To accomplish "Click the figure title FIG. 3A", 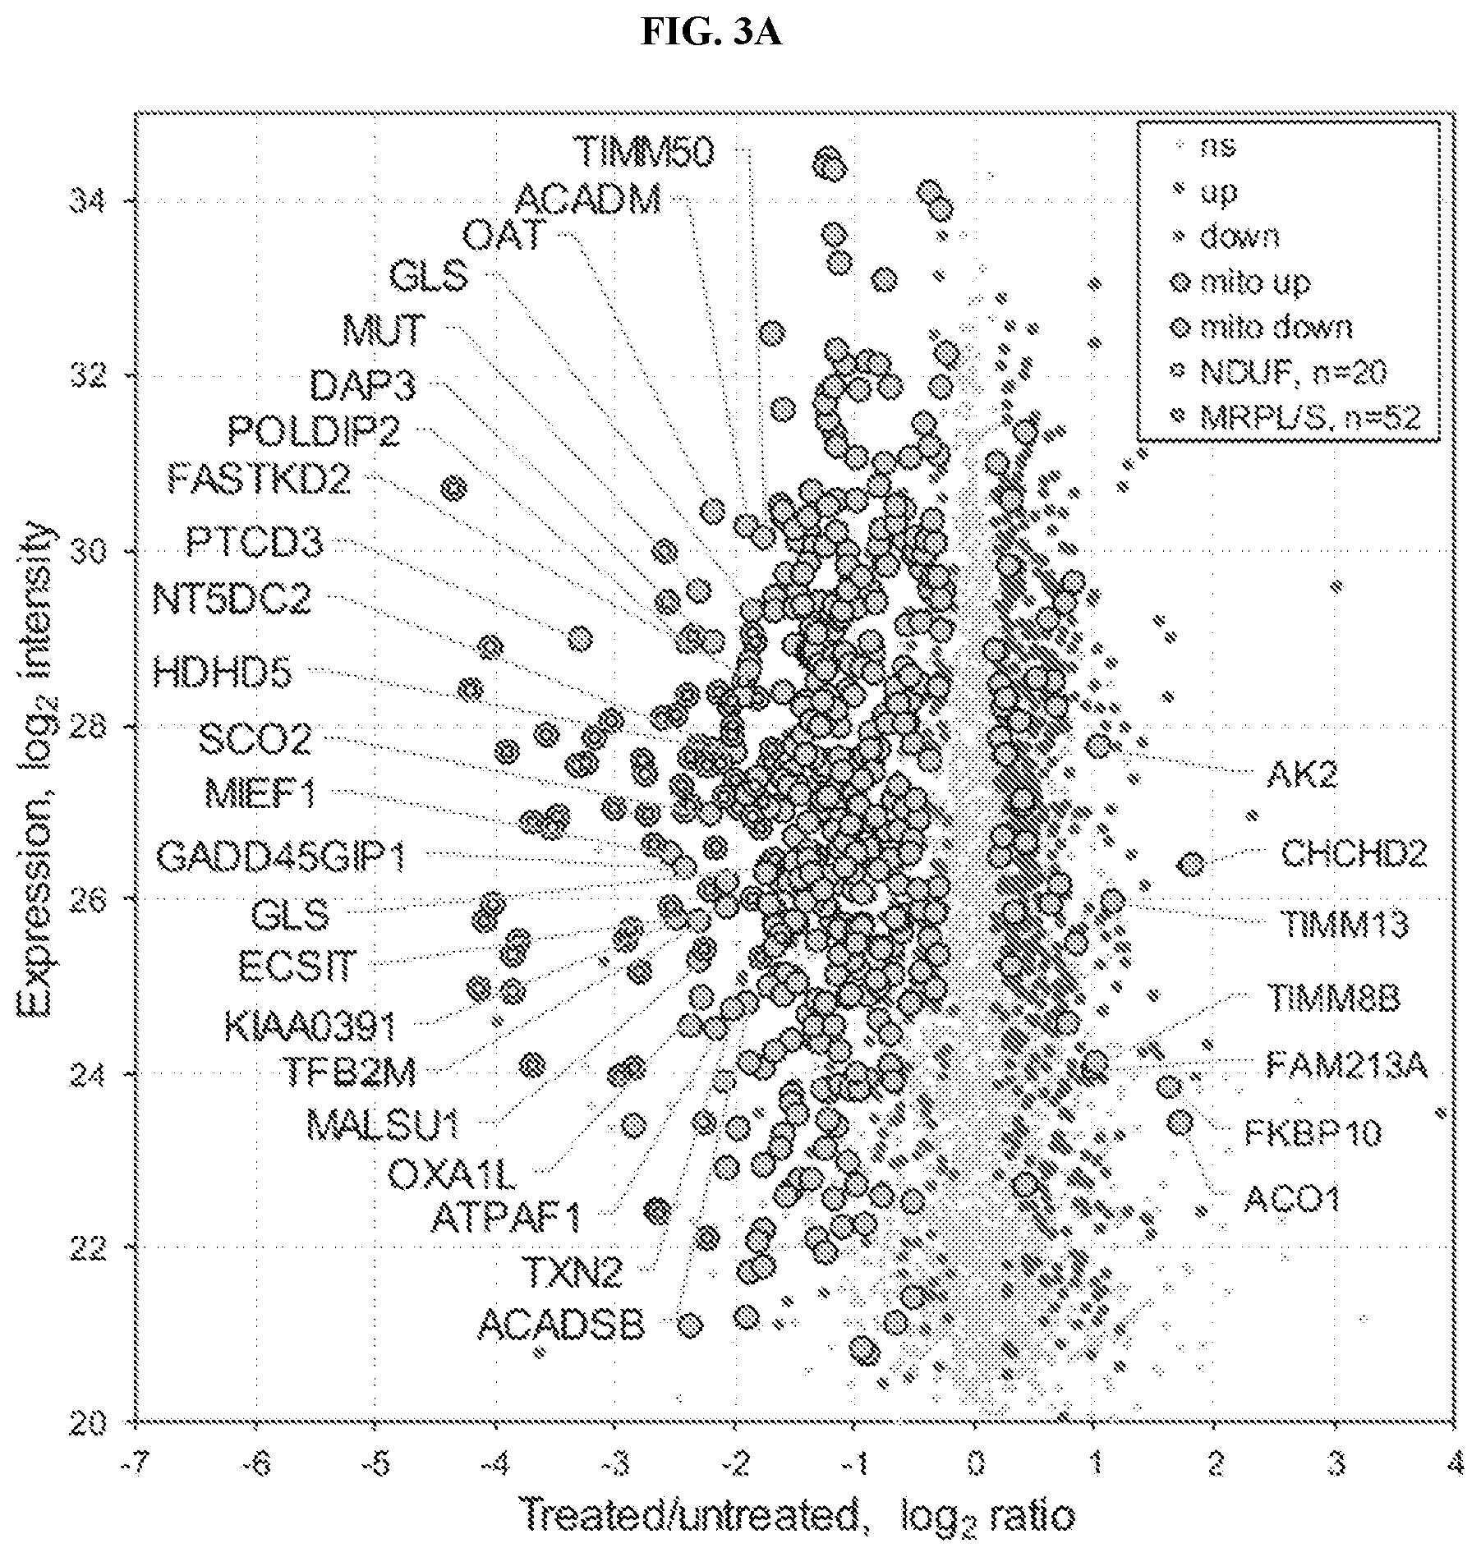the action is point(711,33).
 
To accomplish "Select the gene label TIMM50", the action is point(645,151).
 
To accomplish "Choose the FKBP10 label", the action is point(1313,1133).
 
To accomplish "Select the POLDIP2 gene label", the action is point(314,430).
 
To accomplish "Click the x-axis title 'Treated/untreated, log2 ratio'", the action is point(798,1515).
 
